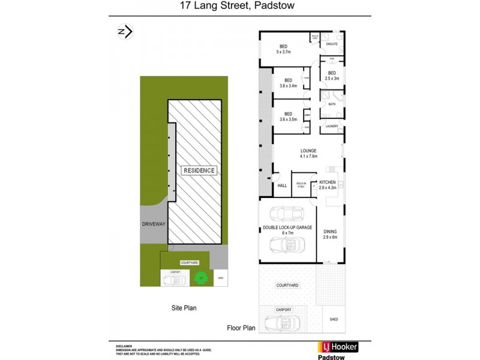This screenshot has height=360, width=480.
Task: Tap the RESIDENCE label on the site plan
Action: click(199, 170)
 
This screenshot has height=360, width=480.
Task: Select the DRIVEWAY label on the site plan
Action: click(154, 224)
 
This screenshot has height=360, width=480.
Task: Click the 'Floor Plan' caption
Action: click(241, 328)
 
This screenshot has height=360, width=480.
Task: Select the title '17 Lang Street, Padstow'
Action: click(240, 7)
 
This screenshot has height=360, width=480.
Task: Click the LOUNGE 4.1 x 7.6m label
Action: click(309, 154)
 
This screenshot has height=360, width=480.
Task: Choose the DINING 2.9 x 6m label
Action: click(331, 235)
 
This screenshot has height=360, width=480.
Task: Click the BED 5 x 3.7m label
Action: click(283, 50)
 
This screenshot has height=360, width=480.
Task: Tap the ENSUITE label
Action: click(332, 44)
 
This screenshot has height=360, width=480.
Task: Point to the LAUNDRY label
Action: click(332, 126)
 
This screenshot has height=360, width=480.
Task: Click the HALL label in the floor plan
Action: click(282, 185)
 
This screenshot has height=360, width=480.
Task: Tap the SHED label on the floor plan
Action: click(334, 320)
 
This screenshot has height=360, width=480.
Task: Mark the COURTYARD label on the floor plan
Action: click(287, 286)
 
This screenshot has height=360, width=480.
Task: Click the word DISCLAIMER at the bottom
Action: click(124, 347)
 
